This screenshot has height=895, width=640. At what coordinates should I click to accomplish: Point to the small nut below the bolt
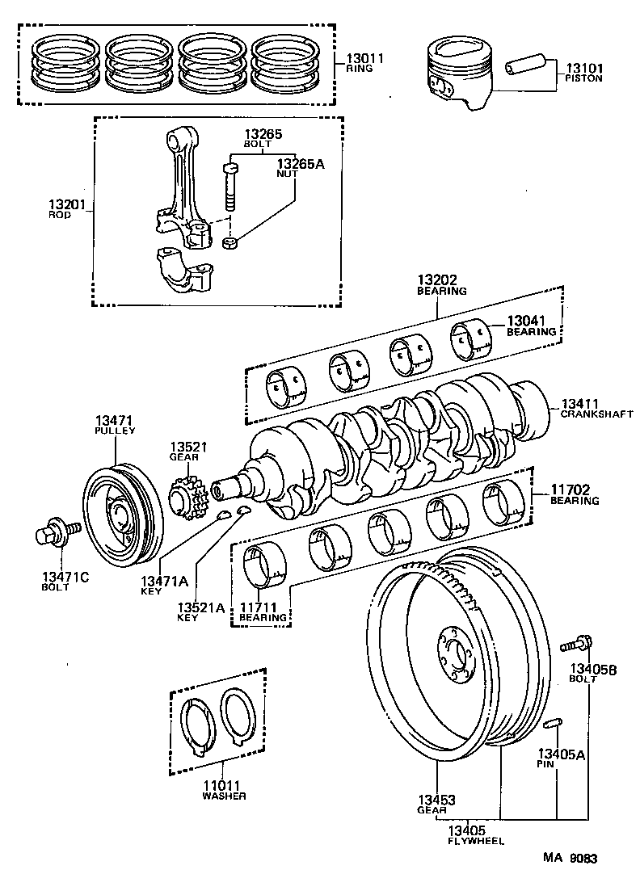click(229, 242)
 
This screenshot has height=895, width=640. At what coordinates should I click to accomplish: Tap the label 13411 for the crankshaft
click(581, 402)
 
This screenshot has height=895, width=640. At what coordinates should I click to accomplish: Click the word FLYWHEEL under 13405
click(477, 841)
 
